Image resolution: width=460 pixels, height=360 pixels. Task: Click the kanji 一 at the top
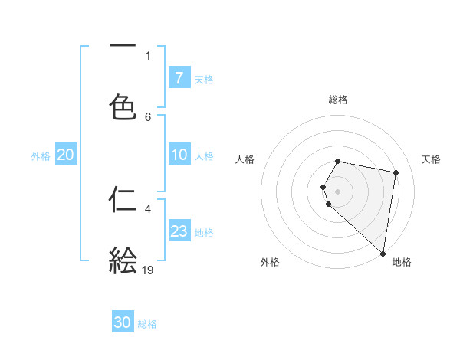tap(123, 45)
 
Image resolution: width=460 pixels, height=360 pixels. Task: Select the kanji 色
tap(123, 107)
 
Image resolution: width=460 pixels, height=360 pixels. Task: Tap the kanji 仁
tap(123, 199)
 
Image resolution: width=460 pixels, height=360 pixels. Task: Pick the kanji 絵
tap(123, 260)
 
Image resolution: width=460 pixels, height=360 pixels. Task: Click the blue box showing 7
tap(179, 78)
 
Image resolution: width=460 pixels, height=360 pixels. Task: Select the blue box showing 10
tap(179, 155)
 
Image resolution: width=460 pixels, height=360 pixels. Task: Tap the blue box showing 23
tap(179, 231)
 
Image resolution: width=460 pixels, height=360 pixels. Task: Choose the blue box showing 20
tap(65, 155)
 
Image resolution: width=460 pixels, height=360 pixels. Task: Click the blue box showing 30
tap(123, 322)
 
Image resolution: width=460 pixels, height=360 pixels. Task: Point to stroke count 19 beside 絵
tap(148, 270)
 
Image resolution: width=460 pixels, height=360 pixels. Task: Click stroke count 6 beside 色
tap(148, 116)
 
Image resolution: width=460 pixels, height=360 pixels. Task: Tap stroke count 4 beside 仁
tap(148, 208)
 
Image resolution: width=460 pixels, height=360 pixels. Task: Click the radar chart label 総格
tap(338, 100)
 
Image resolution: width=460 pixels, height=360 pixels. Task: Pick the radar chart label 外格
tap(269, 262)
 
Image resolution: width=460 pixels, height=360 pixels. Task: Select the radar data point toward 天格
tap(396, 173)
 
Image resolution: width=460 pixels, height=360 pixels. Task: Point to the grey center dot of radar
tap(338, 191)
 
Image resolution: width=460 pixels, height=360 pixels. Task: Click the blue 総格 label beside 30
tap(148, 324)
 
